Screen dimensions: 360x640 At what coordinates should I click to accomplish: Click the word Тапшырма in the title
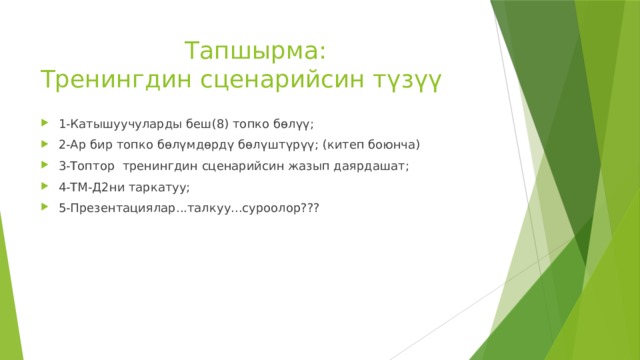pyautogui.click(x=253, y=49)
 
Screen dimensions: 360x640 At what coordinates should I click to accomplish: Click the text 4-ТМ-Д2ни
pyautogui.click(x=92, y=187)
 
